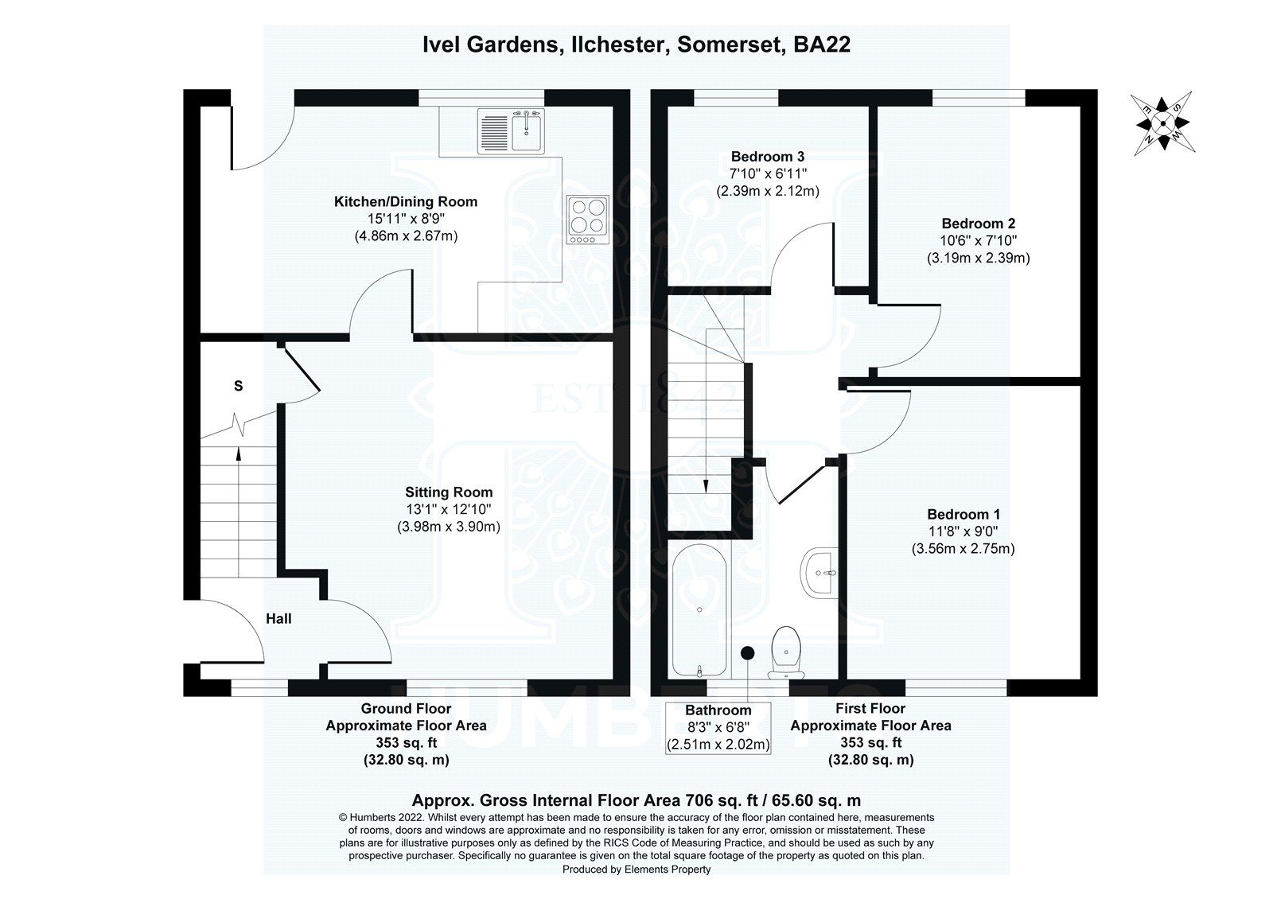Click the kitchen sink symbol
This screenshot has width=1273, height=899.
[510, 131]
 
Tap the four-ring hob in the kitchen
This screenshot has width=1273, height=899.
[587, 219]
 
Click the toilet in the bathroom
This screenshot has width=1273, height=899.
[786, 652]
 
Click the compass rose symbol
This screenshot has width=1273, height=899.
[1162, 124]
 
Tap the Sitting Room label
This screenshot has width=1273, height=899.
[449, 492]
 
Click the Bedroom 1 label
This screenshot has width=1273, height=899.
[963, 515]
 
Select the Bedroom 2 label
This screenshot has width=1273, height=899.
[978, 224]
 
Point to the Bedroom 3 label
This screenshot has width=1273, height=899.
[768, 156]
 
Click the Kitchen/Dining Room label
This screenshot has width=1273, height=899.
[406, 201]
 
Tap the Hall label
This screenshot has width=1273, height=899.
[278, 618]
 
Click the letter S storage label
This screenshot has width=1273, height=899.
[238, 387]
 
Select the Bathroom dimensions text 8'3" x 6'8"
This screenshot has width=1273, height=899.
[718, 727]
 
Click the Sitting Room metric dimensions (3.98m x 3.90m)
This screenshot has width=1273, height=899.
[449, 527]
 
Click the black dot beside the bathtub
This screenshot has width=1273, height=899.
[747, 653]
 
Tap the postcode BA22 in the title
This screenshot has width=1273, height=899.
[822, 45]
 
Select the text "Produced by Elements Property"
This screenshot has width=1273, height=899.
[636, 870]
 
